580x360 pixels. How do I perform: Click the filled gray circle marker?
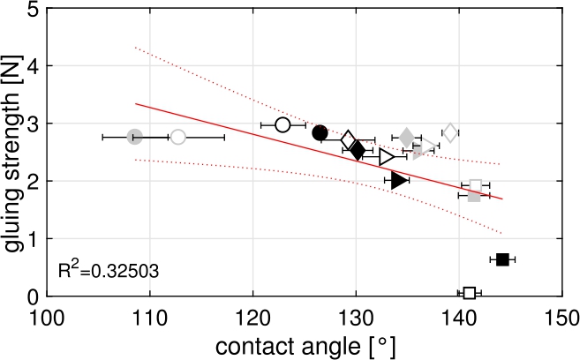[134, 137]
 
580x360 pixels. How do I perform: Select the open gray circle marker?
[178, 137]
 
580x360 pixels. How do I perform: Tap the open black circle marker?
[282, 125]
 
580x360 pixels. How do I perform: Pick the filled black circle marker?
[320, 132]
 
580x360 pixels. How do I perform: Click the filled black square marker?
[502, 259]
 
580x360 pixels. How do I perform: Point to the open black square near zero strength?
[470, 293]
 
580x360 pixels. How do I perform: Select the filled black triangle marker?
[399, 180]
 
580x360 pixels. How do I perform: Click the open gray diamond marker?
[450, 132]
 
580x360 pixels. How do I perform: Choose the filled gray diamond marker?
[407, 137]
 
